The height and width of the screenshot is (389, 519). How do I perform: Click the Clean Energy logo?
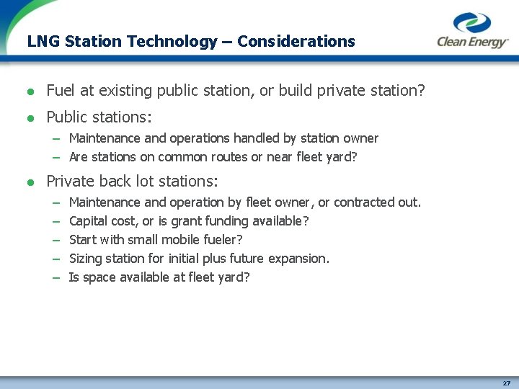472,31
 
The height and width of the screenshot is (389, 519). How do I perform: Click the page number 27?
507,383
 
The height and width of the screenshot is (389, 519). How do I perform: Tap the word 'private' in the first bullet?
338,91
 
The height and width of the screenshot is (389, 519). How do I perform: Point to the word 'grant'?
188,222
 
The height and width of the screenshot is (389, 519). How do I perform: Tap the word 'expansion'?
298,259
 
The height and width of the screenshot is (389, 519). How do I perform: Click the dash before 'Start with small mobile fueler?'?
56,241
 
